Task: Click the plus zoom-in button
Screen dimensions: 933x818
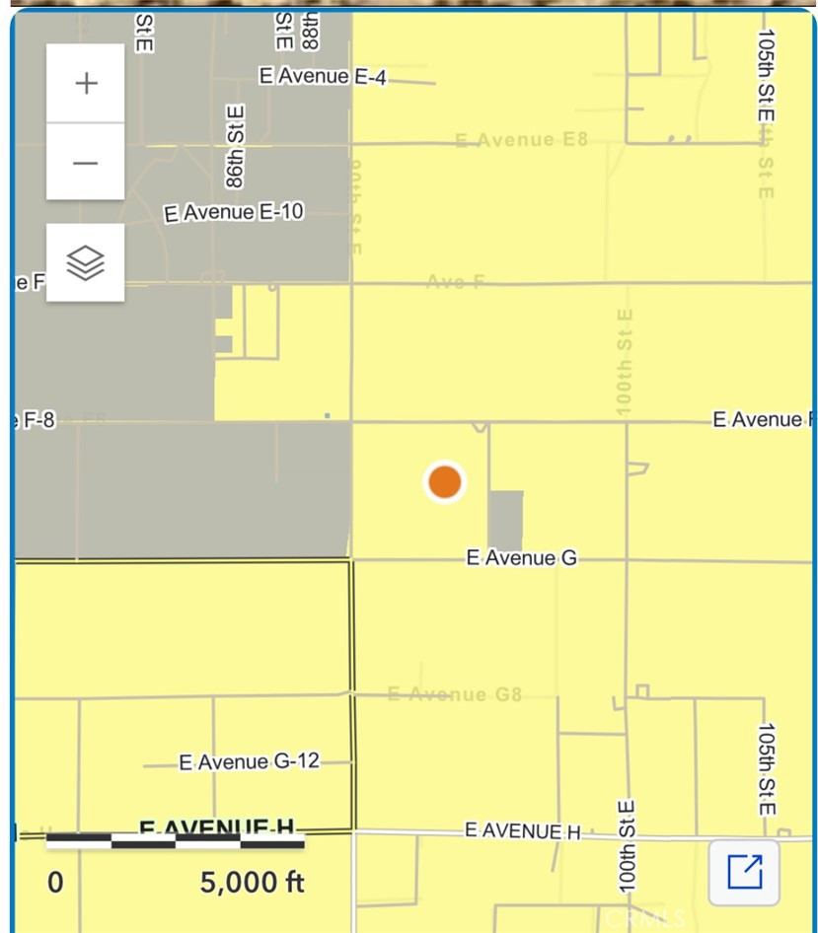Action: [86, 83]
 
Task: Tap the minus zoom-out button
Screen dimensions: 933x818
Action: [86, 163]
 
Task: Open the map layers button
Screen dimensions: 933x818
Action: [86, 262]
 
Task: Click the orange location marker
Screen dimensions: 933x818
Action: [444, 482]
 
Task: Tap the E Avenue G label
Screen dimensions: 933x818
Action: [522, 558]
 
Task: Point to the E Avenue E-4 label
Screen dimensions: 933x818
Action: [322, 76]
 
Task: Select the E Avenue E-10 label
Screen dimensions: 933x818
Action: [234, 212]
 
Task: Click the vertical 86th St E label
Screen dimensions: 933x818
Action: [235, 148]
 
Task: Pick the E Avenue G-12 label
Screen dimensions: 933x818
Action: [251, 761]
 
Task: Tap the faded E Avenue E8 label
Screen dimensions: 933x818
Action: [521, 140]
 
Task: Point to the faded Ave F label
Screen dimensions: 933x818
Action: [456, 282]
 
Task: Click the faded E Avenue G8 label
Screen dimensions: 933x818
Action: [454, 694]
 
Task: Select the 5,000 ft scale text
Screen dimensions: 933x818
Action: [253, 882]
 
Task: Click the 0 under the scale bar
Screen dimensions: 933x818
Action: [56, 882]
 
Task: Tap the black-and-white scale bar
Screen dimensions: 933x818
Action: [176, 840]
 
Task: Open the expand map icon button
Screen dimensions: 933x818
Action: [744, 872]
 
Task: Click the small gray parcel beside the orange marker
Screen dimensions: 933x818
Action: [506, 521]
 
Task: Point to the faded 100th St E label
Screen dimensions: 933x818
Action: [625, 360]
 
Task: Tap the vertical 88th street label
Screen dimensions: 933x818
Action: [310, 31]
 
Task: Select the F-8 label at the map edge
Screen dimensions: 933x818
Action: [36, 421]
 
